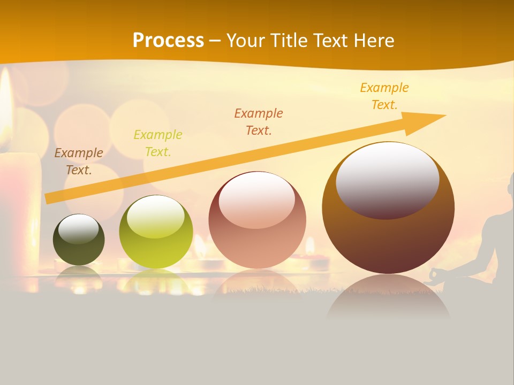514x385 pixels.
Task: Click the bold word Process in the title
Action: tap(168, 41)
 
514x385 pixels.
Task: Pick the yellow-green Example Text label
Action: tap(158, 143)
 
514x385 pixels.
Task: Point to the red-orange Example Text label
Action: tap(259, 121)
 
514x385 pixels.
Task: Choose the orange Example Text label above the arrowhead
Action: tap(384, 96)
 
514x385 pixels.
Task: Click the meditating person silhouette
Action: tap(495, 235)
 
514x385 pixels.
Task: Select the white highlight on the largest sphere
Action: tap(387, 179)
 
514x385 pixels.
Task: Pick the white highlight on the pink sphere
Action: tap(257, 199)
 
